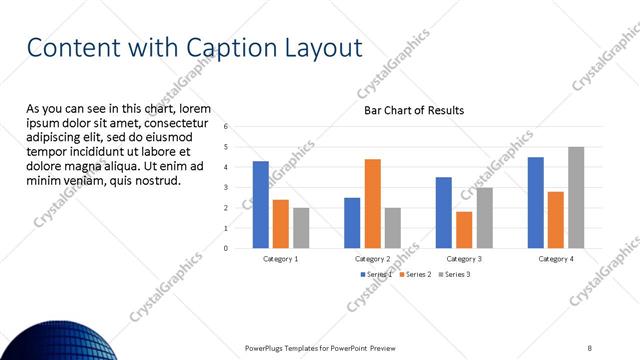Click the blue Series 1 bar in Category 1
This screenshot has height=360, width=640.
click(261, 205)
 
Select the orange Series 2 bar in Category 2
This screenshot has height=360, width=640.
click(372, 204)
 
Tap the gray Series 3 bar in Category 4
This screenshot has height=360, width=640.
click(576, 198)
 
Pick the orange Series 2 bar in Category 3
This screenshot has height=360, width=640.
click(464, 230)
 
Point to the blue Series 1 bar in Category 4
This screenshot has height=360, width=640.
click(536, 203)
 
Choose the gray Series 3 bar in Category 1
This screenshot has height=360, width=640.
click(301, 228)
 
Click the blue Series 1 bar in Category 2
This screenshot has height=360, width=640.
click(352, 223)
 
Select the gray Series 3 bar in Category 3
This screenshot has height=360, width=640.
click(484, 218)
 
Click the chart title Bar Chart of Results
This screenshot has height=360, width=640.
click(413, 111)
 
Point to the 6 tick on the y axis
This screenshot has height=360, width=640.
click(227, 126)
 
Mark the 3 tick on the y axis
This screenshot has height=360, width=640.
click(227, 187)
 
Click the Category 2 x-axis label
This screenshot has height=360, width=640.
click(372, 258)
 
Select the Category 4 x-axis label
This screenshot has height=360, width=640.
click(556, 258)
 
